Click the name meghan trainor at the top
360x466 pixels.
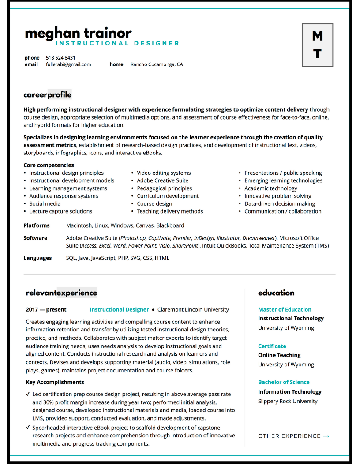click(78, 33)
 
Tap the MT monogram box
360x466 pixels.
click(317, 45)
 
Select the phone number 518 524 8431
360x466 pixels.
click(60, 58)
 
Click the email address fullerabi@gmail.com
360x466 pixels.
click(68, 64)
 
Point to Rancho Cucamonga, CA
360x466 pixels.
click(157, 64)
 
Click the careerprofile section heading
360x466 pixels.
click(47, 95)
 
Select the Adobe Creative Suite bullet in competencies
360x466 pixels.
click(162, 180)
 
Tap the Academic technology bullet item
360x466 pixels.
click(271, 188)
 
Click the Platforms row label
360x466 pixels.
click(37, 225)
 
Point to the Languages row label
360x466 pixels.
click(37, 258)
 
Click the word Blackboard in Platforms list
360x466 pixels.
click(170, 225)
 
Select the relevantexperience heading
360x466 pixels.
click(61, 293)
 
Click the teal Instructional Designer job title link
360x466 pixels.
click(119, 310)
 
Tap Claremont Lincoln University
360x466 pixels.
click(193, 310)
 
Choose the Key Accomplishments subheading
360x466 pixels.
click(55, 382)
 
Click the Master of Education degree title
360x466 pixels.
click(285, 310)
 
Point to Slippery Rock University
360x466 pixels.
click(288, 402)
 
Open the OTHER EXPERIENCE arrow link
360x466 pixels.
click(294, 436)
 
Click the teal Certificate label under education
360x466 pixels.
click(272, 346)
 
